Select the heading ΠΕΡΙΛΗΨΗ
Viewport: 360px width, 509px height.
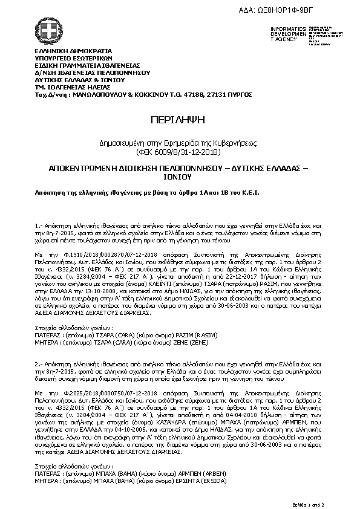179,118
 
